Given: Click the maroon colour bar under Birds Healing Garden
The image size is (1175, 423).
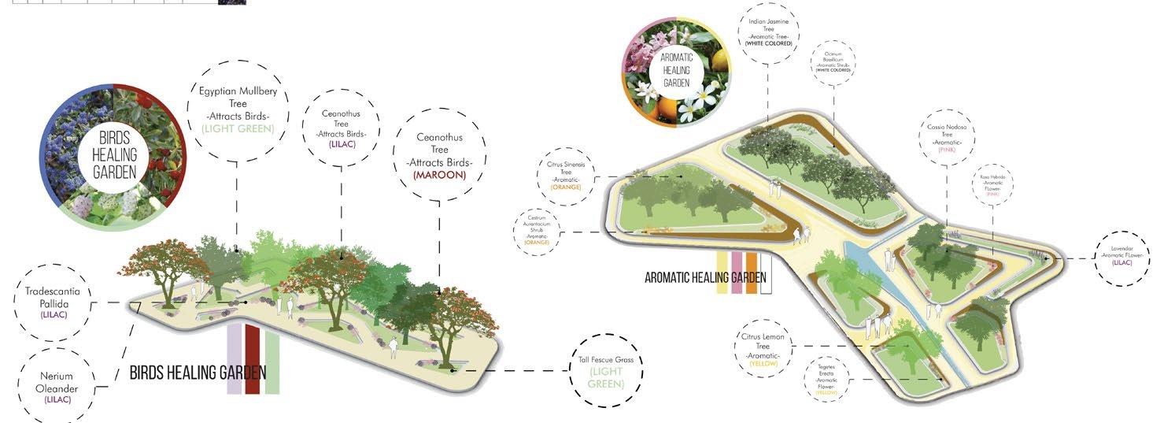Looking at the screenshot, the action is tap(253, 358).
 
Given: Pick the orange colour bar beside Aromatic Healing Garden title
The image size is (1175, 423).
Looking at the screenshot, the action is tap(751, 273).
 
